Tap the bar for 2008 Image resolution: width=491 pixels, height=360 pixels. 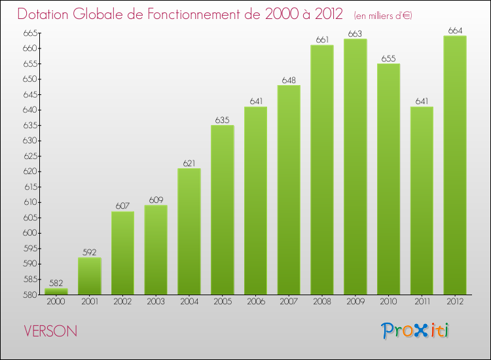[x=322, y=170]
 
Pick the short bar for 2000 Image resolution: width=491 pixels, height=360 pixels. [x=56, y=291]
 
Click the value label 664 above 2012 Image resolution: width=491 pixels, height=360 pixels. [x=455, y=30]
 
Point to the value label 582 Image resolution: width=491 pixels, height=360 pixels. [x=56, y=283]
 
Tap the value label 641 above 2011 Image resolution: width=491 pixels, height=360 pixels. [x=422, y=101]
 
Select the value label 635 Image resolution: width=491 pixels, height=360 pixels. [x=223, y=120]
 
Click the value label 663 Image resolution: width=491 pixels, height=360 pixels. [x=355, y=33]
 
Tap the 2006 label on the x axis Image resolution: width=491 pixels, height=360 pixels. [x=255, y=302]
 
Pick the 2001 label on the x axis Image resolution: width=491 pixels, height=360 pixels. [x=90, y=302]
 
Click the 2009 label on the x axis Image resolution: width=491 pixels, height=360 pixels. [x=355, y=302]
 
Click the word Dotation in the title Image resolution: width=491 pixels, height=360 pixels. [x=46, y=14]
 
